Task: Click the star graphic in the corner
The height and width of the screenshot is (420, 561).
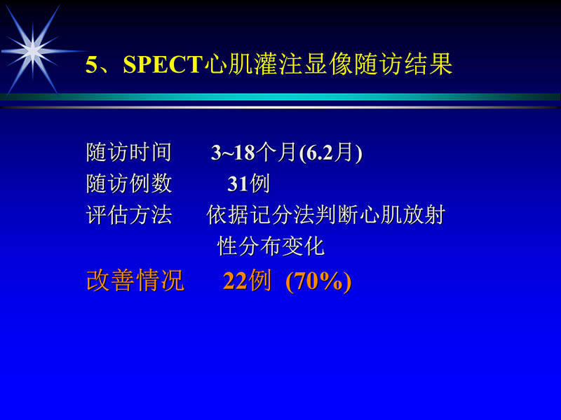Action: [31, 48]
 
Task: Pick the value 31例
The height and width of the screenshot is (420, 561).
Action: [248, 184]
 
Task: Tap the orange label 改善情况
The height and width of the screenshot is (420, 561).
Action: [135, 281]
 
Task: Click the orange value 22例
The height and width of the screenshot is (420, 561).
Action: [247, 281]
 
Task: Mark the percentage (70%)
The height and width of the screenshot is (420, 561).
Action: [318, 281]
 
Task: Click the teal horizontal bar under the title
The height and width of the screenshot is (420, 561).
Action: [280, 97]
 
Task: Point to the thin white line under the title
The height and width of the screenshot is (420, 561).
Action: [280, 107]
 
